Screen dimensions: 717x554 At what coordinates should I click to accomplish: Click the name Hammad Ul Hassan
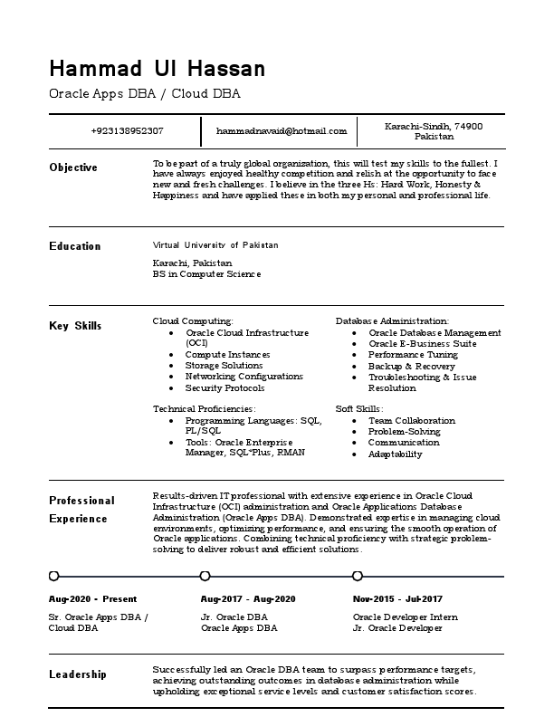158,69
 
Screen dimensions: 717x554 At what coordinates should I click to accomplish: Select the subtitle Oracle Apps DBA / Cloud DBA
145,93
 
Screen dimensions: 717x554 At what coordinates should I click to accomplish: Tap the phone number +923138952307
128,131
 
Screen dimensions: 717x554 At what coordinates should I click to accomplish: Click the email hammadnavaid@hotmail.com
282,131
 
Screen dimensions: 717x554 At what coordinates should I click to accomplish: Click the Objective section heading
73,167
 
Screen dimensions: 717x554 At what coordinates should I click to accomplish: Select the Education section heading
75,246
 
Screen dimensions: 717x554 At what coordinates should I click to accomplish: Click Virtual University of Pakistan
216,245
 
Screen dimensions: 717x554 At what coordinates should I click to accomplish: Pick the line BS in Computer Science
207,273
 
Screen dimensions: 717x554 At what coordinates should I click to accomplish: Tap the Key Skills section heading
75,326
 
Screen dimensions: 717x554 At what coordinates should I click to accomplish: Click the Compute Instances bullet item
227,355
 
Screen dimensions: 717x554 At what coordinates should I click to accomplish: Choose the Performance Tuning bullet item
413,355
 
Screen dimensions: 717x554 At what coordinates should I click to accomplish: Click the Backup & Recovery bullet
412,366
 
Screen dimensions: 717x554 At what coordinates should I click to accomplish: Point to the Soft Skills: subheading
359,409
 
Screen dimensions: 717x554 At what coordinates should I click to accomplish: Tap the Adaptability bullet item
395,454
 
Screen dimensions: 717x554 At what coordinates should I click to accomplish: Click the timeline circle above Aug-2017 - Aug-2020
205,576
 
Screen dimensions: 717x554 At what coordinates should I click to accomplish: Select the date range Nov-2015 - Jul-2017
397,599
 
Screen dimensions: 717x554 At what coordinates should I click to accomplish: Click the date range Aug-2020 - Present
92,599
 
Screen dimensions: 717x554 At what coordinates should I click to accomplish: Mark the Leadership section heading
78,674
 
